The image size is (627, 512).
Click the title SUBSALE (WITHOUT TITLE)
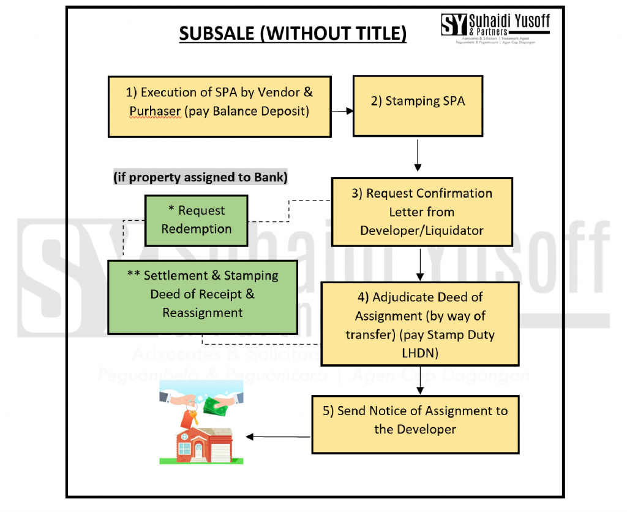(x=292, y=33)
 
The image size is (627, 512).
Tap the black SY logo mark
(x=454, y=24)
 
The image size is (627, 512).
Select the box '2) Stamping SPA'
(x=418, y=105)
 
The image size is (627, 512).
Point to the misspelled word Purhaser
(x=155, y=112)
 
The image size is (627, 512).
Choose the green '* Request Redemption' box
(x=196, y=220)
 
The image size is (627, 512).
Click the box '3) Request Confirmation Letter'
(x=421, y=212)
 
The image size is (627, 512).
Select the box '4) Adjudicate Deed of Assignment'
(x=419, y=324)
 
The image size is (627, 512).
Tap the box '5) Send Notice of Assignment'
(x=415, y=421)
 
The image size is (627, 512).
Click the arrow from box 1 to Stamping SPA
(x=342, y=112)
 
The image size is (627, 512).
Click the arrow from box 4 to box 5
(x=420, y=380)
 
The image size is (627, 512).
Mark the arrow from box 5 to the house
(x=279, y=437)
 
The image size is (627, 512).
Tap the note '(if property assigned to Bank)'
(x=200, y=177)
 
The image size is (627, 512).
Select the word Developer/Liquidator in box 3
(x=421, y=231)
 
